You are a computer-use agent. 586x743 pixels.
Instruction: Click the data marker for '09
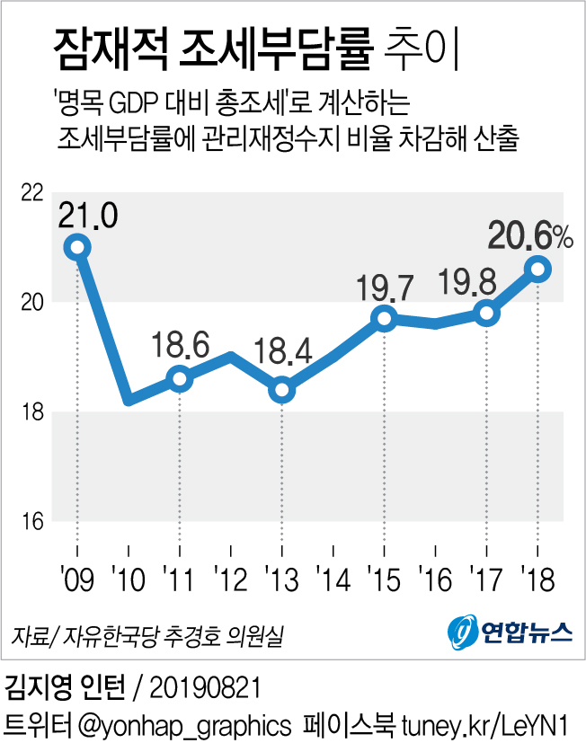(x=77, y=246)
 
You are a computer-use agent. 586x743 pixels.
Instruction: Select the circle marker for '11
(x=180, y=378)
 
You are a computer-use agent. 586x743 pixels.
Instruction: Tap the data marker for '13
(x=282, y=389)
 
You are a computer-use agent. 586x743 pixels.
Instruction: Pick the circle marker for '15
(x=385, y=318)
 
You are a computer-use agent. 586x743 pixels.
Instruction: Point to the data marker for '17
(x=487, y=313)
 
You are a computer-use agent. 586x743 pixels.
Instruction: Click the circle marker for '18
(x=538, y=268)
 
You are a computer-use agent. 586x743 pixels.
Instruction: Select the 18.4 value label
(x=283, y=350)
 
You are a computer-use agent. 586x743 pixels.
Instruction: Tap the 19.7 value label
(x=385, y=288)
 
